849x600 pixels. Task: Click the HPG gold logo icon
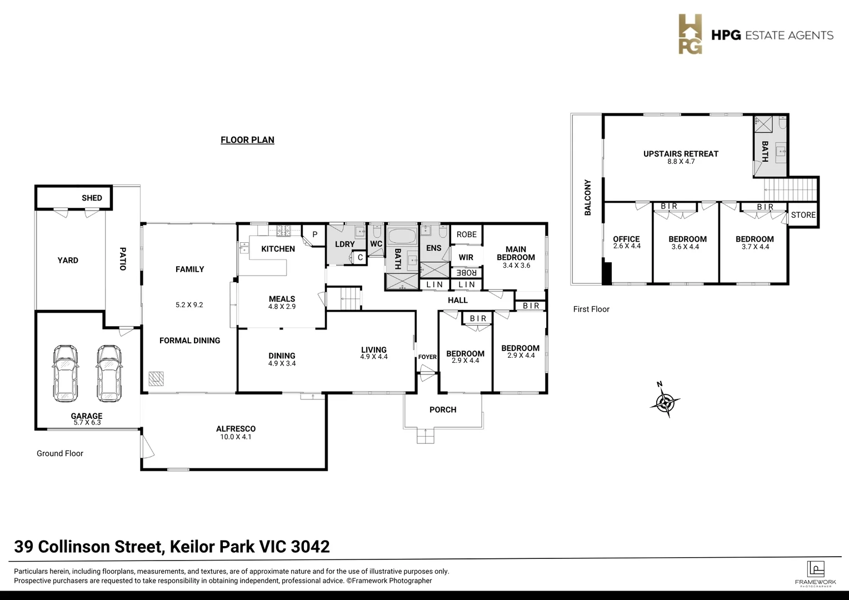coord(690,34)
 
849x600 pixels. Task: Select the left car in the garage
coord(65,373)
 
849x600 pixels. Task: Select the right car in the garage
coord(109,373)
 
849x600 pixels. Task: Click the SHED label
coord(92,198)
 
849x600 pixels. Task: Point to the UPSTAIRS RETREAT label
coord(681,154)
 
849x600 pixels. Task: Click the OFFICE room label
coord(626,239)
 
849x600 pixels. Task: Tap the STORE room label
coord(803,215)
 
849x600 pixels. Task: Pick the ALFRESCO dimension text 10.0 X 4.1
coord(236,437)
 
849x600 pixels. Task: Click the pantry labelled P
coord(314,235)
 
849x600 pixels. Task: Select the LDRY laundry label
coord(344,244)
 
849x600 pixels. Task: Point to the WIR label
coord(466,257)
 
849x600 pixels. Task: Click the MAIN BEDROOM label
coord(516,253)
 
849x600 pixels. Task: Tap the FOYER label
coord(427,357)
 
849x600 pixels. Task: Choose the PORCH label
coord(443,410)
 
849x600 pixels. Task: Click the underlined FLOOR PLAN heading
coord(247,140)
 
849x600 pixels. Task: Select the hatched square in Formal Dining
coord(157,379)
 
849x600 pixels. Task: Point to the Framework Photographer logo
coord(815,573)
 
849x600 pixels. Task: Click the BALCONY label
coord(588,197)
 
